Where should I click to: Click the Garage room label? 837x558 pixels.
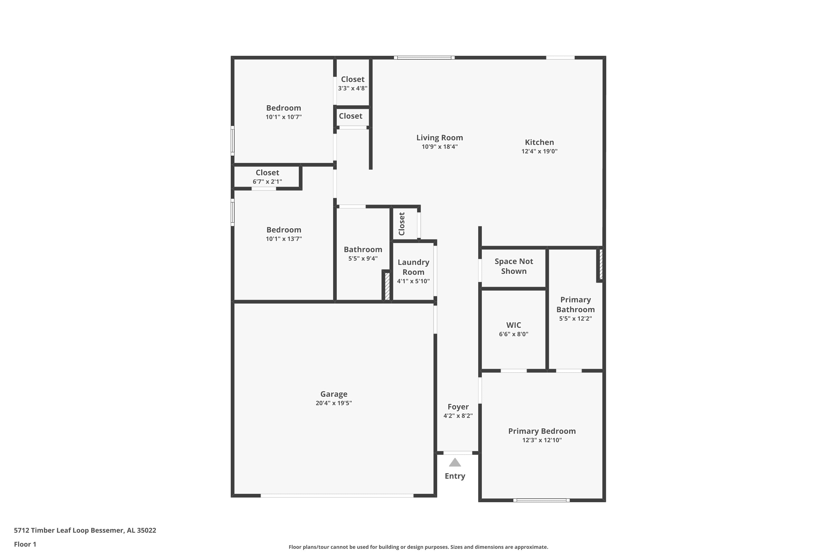tap(333, 394)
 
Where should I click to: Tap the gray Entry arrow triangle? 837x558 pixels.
tap(455, 463)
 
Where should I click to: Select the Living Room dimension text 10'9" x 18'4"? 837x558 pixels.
tap(439, 147)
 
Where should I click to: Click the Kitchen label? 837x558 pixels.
tap(539, 142)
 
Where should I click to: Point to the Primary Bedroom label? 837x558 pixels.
tap(542, 431)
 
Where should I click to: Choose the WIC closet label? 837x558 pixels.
tap(514, 325)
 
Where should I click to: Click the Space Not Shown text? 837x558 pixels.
tap(514, 266)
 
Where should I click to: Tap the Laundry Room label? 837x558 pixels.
tap(413, 267)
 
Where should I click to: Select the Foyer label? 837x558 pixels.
tap(458, 407)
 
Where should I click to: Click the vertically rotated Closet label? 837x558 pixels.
tap(402, 224)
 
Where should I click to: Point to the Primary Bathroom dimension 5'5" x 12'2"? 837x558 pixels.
tap(575, 319)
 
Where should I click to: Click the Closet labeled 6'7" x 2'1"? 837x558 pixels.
tap(267, 173)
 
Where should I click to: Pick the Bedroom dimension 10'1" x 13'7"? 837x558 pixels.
tap(284, 239)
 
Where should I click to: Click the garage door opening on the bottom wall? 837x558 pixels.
tap(337, 496)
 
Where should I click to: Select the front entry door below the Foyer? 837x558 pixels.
tap(458, 453)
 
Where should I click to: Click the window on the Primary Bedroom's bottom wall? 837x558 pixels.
tap(541, 500)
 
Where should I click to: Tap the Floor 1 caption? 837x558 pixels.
tap(25, 544)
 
